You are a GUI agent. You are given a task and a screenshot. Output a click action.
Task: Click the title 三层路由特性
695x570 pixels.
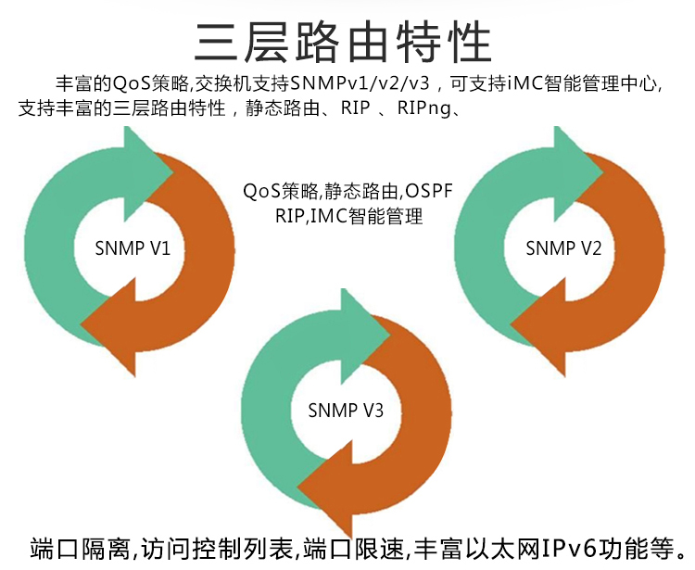click(343, 43)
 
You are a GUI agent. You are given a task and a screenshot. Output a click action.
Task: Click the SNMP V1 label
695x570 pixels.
click(133, 248)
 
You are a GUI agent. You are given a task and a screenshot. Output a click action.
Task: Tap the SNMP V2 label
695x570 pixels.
click(563, 248)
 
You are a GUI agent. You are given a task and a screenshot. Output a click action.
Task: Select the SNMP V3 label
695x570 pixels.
click(346, 411)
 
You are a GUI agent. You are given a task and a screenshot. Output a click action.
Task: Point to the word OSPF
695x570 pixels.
click(429, 191)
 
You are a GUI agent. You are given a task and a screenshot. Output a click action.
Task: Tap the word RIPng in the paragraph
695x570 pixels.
click(423, 108)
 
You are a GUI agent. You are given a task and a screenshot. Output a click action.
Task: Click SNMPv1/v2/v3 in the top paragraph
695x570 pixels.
click(360, 82)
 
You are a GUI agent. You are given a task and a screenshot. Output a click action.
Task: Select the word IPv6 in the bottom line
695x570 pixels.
click(570, 549)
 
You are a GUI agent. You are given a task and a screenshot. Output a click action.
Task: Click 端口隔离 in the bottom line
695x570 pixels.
click(80, 549)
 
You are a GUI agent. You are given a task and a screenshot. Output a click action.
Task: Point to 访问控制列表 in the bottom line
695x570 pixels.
click(217, 549)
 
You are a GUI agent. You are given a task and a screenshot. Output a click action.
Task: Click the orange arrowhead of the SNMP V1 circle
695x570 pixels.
click(108, 328)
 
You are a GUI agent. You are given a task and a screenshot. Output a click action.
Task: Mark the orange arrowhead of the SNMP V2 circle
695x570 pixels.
click(538, 328)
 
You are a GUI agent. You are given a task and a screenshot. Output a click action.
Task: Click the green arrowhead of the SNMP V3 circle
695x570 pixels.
click(366, 336)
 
